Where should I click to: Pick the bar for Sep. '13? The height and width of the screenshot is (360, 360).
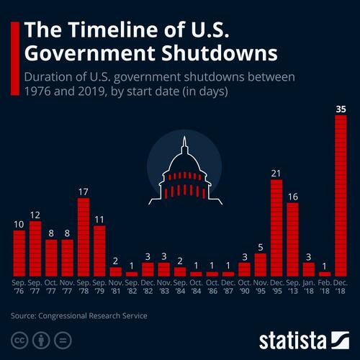click(292, 239)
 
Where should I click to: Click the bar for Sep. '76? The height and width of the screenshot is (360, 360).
click(19, 253)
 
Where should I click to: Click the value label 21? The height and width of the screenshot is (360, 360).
click(276, 174)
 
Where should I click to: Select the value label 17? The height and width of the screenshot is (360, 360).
click(84, 192)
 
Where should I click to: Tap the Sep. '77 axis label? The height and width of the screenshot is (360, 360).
click(35, 287)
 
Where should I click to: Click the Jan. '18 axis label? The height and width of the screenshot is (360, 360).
click(308, 287)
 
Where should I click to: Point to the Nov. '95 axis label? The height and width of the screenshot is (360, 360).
click(260, 287)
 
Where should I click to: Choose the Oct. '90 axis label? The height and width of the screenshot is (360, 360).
click(244, 287)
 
